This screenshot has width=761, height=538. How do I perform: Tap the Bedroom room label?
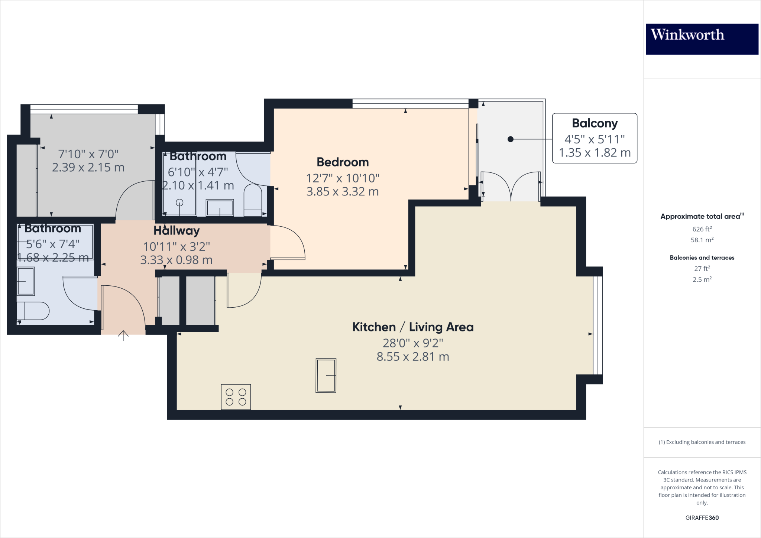coord(343,162)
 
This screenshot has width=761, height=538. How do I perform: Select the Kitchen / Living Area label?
coord(413,327)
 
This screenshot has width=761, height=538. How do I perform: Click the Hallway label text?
coord(177,231)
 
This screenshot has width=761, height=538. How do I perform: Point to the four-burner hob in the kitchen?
coord(236,397)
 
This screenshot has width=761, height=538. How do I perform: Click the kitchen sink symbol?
coord(326,375)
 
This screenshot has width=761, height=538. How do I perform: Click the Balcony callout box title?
coord(595,123)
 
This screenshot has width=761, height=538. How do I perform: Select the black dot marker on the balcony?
coord(511,139)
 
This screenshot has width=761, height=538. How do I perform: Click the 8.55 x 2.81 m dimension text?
coord(413,357)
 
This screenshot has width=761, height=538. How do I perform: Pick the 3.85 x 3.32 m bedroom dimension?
coord(343,192)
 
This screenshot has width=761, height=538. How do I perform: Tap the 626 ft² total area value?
coord(702,229)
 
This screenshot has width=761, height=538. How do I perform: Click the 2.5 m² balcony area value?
coord(702,279)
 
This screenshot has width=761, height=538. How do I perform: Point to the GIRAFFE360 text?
coord(702,518)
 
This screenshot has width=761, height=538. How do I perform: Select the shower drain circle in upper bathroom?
coord(179,202)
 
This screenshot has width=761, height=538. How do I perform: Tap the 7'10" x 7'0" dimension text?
coord(88,154)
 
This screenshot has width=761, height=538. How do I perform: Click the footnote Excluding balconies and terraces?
coord(702,442)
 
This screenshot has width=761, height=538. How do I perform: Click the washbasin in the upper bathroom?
coord(220,208)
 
